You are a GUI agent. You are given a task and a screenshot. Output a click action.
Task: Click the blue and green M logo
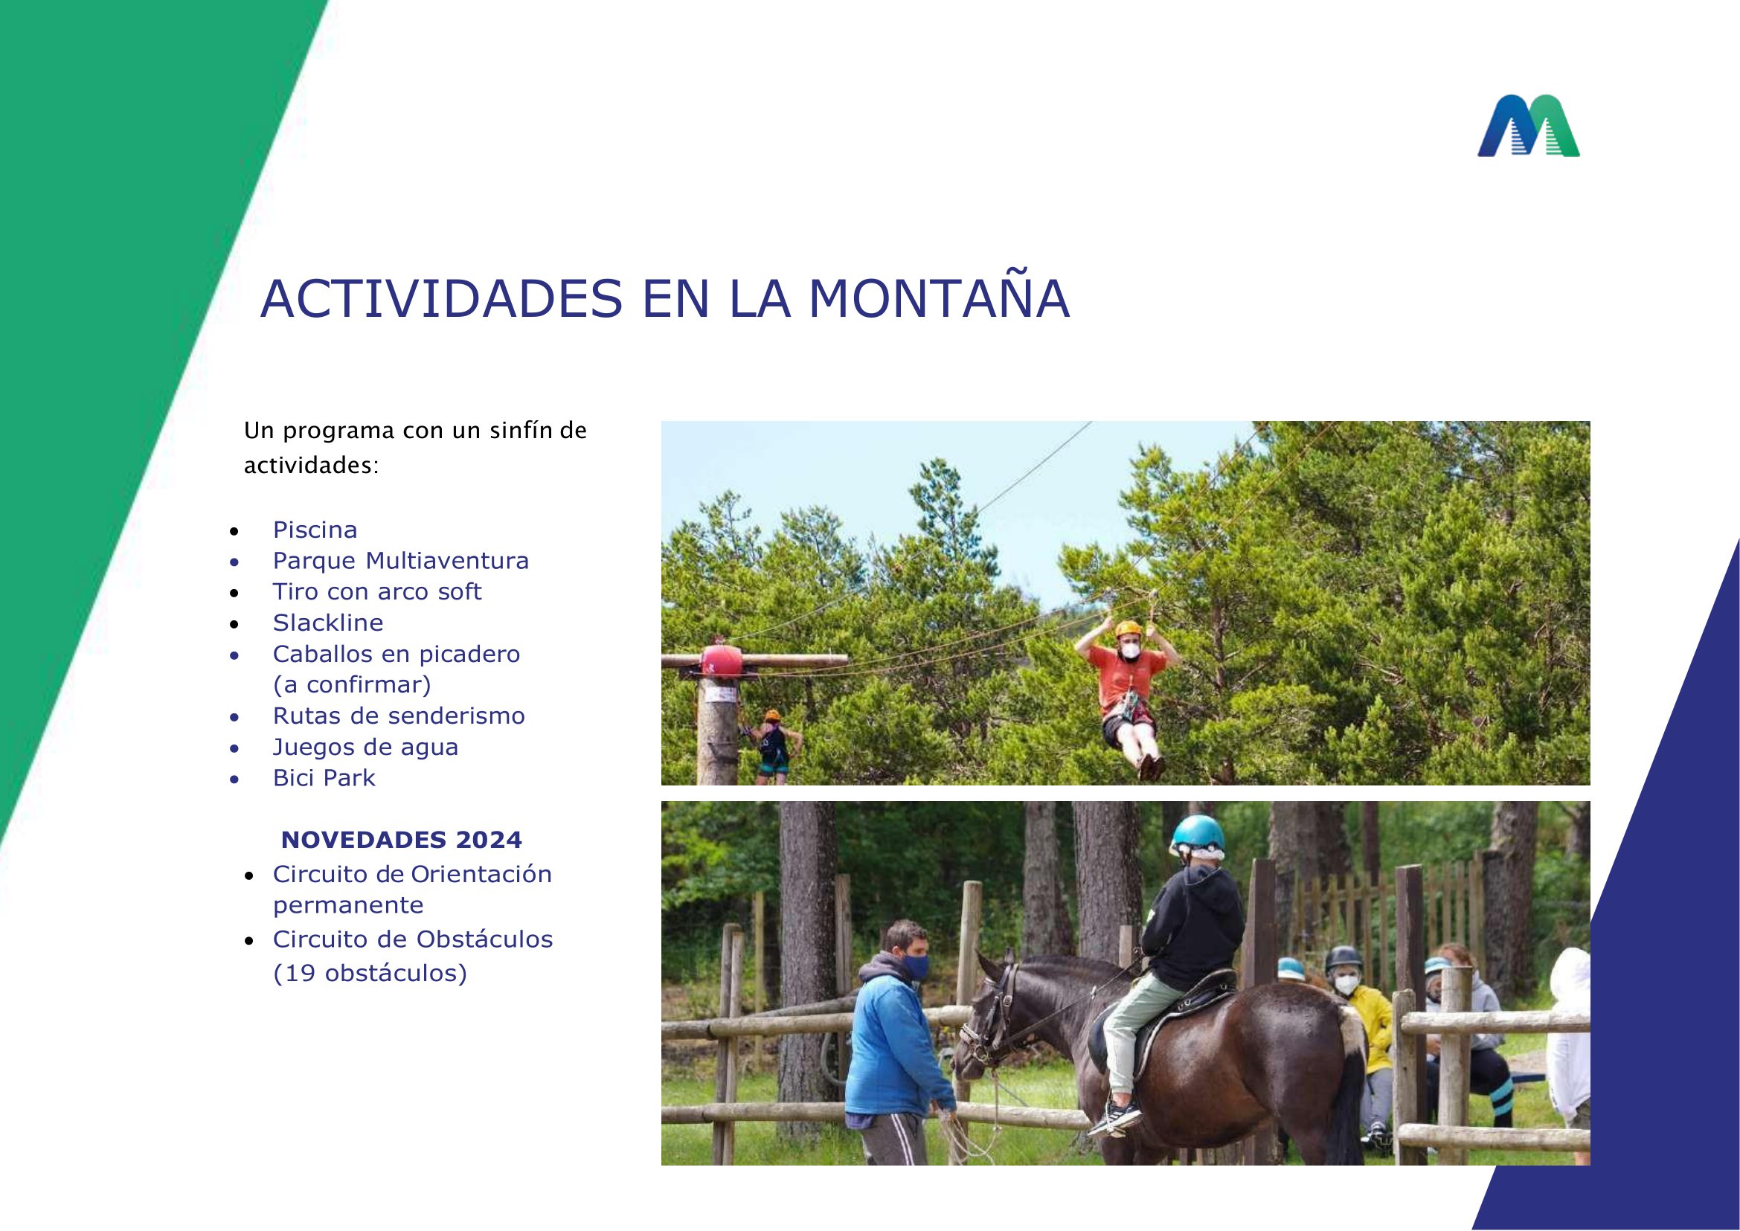coord(1528,126)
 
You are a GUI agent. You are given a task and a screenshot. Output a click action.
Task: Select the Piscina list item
coord(315,530)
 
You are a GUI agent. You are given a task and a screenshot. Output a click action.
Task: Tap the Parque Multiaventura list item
coord(400,561)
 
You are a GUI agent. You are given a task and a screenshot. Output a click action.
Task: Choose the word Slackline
coord(328,623)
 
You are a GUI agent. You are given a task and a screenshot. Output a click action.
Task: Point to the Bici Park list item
coord(324,778)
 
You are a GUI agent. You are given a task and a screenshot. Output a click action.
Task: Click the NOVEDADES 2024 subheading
coord(401,840)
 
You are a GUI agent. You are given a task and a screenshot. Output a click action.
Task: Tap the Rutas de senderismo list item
coord(399,716)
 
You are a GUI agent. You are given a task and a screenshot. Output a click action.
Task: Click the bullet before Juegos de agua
coord(235,748)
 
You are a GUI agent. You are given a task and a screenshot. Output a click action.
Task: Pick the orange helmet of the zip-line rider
coord(1129,629)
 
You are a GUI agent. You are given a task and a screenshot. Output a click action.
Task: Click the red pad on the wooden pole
coord(720,661)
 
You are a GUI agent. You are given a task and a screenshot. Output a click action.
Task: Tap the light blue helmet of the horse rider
coord(1197,834)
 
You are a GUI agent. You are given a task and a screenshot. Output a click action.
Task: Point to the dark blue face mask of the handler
coord(915,965)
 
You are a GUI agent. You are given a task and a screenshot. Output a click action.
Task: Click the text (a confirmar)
coord(352,685)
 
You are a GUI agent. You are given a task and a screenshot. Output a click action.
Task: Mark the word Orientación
coord(481,874)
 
